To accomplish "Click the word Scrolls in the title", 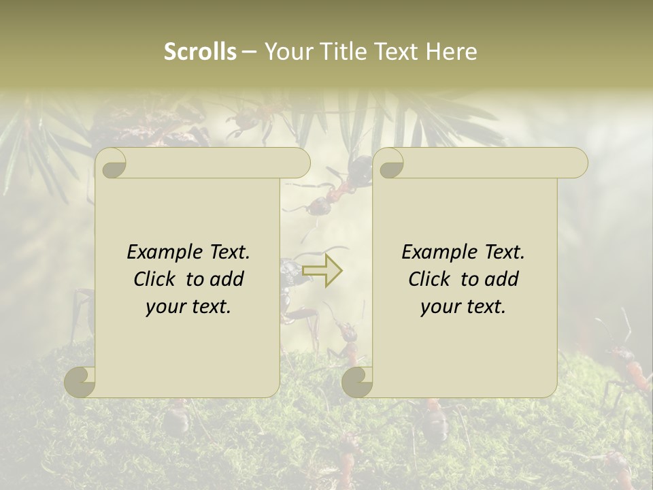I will click(x=200, y=52).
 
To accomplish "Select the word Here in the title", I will click(x=451, y=52).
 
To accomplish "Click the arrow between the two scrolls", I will click(x=322, y=272).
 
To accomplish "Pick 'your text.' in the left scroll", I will click(x=188, y=306).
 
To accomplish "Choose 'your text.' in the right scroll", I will click(x=463, y=306).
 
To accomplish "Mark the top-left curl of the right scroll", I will click(x=390, y=163).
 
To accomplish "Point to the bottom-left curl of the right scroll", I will click(x=358, y=381).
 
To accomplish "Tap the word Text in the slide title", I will click(x=395, y=52).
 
